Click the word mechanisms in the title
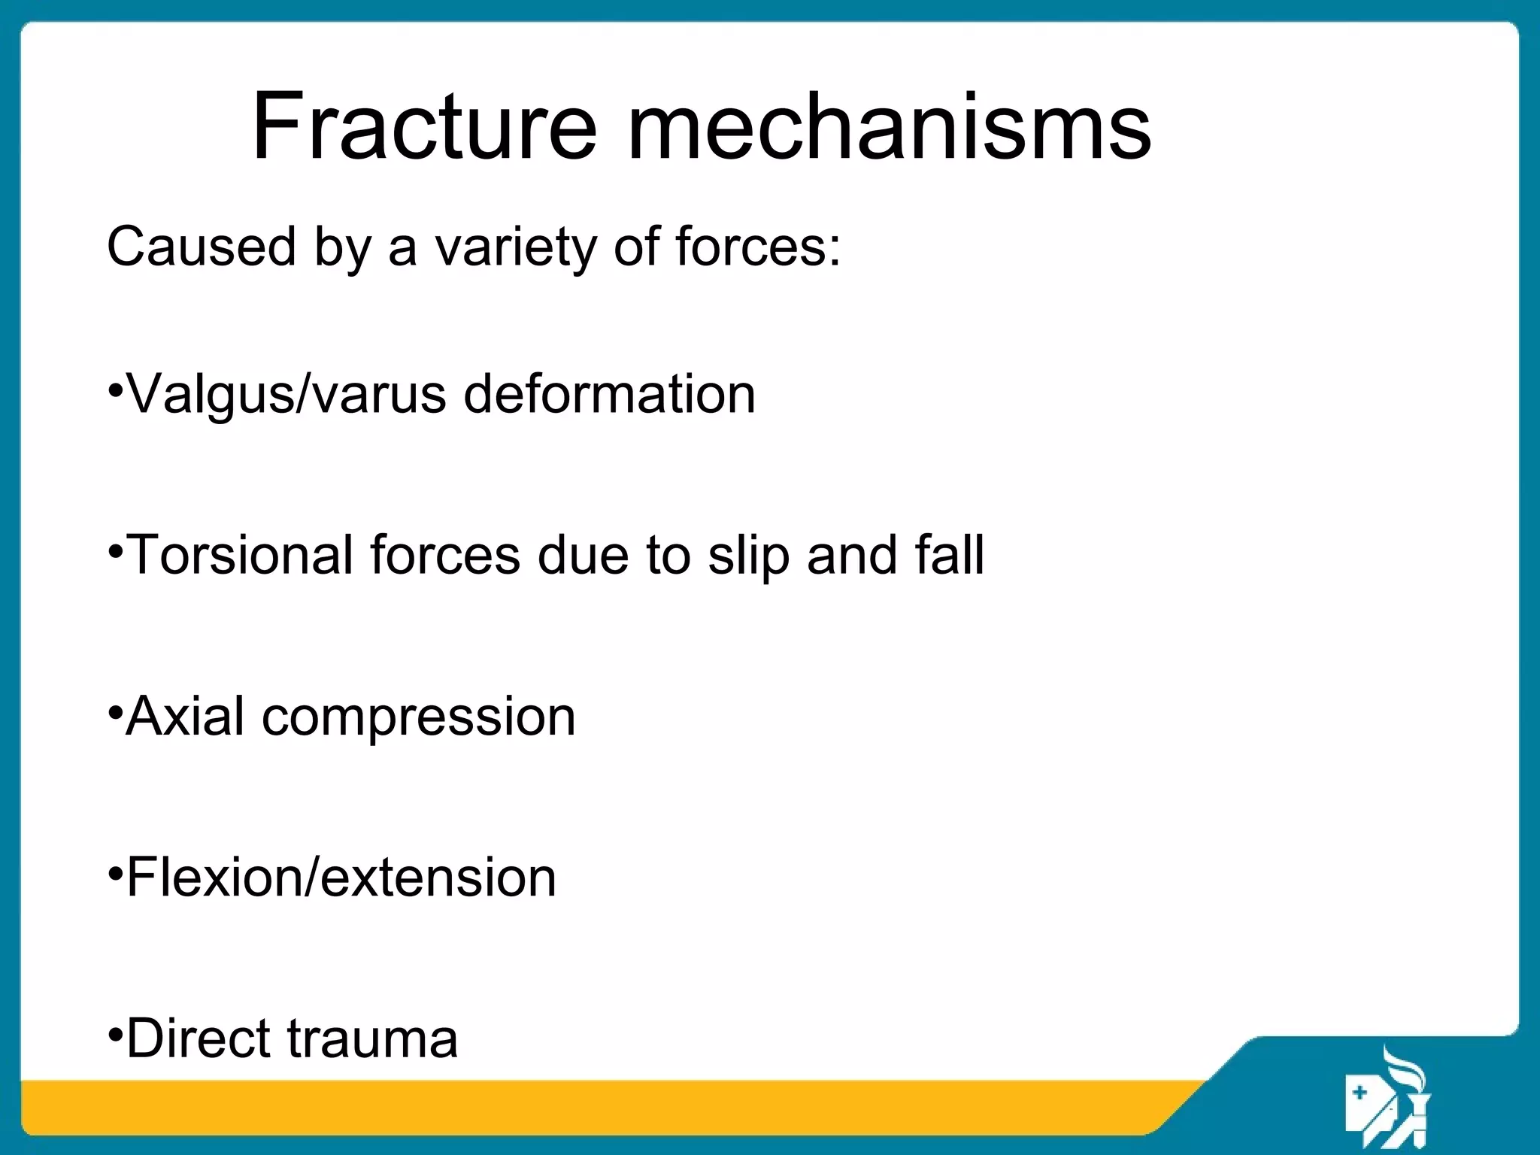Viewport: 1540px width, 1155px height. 889,126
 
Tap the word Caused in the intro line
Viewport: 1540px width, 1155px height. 202,247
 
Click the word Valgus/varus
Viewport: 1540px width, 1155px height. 287,395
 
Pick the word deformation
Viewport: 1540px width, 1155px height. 609,394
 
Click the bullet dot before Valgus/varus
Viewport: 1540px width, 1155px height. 115,391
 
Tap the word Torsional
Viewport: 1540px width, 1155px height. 241,555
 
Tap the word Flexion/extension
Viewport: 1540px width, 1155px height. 341,877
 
